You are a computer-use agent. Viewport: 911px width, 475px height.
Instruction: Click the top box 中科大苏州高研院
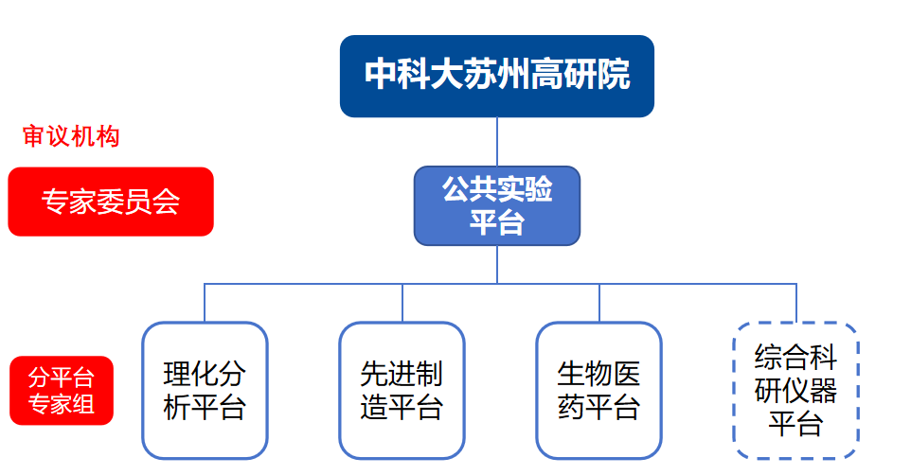coord(496,76)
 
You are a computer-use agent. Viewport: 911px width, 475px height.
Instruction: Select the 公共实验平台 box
coord(496,205)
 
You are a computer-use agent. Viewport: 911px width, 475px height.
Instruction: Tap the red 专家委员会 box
coord(111,201)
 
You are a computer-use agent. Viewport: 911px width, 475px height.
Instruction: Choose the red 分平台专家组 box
coord(62,390)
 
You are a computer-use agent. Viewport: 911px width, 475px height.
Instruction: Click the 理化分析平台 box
coord(205,390)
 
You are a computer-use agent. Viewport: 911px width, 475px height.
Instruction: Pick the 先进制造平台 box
coord(402,390)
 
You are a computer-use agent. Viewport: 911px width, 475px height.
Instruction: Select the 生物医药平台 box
coord(598,390)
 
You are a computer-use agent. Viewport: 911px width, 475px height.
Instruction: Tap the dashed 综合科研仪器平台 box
coord(795,391)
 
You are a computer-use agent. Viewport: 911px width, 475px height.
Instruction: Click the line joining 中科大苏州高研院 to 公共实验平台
coord(497,142)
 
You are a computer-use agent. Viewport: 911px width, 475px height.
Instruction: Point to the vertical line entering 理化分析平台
coord(205,303)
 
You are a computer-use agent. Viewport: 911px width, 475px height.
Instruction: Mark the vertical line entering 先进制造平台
coord(402,303)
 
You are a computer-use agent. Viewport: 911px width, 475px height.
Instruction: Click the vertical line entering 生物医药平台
coord(599,303)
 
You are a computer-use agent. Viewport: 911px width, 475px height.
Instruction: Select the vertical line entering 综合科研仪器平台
coord(796,303)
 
